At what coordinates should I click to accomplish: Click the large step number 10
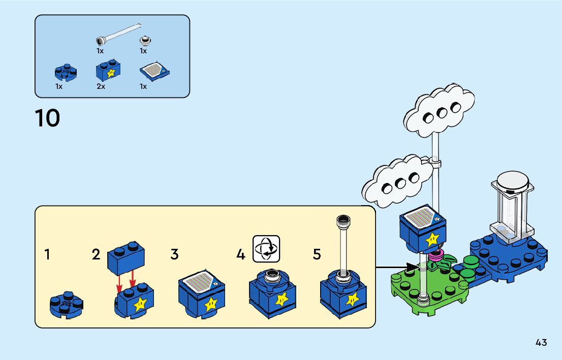[47, 118]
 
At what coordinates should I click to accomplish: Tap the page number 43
[541, 342]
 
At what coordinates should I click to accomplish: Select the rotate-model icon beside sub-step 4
[267, 248]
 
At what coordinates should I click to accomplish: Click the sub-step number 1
[47, 254]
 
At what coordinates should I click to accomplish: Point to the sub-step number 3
[174, 254]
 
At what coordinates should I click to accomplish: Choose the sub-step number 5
[317, 254]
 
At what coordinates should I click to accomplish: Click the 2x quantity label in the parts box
[101, 86]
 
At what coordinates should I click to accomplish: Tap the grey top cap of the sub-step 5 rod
[344, 220]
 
